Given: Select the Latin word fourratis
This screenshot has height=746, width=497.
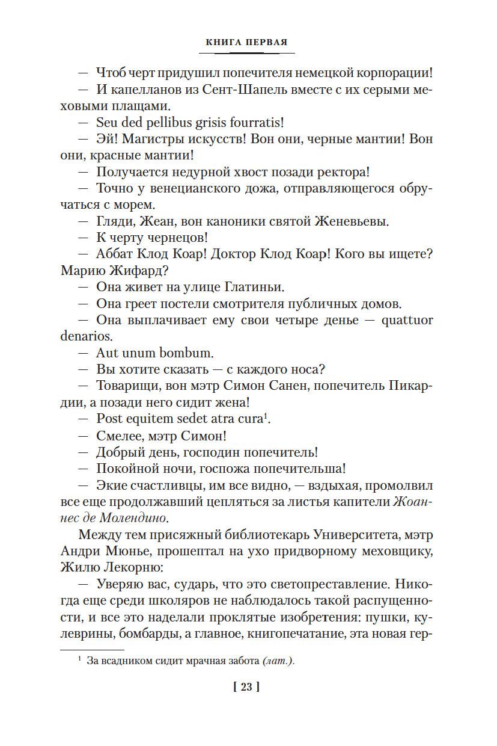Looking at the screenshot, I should click(x=255, y=122).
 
